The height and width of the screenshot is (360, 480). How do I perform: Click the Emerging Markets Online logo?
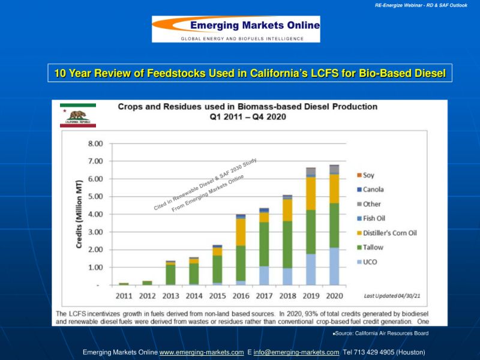[x=236, y=29]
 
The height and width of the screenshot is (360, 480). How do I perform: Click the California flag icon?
[x=77, y=115]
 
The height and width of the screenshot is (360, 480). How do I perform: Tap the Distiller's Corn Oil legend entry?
[x=387, y=233]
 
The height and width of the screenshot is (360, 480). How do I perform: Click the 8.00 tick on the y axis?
[x=95, y=143]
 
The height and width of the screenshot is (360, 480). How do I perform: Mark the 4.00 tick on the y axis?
[x=95, y=214]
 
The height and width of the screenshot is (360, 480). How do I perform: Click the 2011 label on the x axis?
[x=124, y=296]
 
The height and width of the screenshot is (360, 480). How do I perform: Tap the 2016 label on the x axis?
[x=241, y=296]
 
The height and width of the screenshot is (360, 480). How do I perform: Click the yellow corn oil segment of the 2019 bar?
[x=311, y=193]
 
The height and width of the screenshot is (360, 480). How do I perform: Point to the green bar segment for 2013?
[x=170, y=274]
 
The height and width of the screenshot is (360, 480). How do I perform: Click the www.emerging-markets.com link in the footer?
[x=202, y=352]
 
